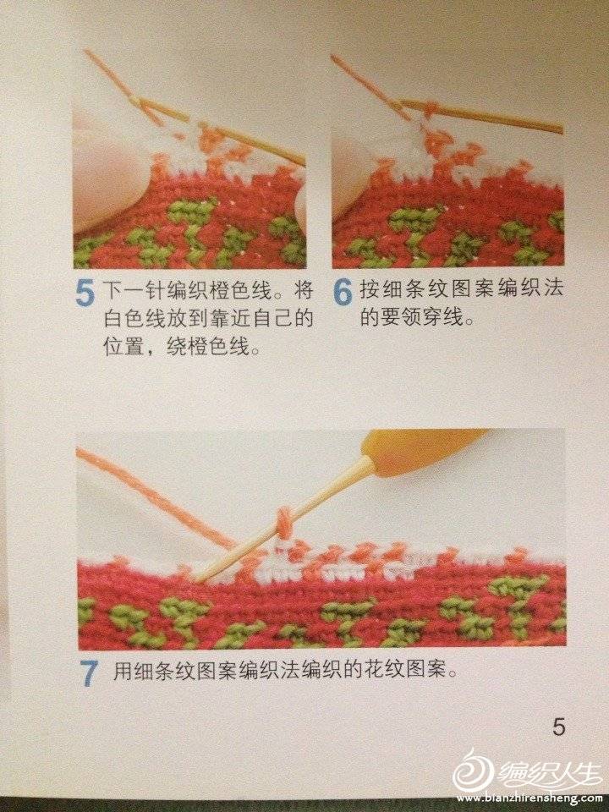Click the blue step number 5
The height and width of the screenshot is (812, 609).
(x=85, y=294)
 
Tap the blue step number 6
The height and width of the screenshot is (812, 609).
(x=343, y=293)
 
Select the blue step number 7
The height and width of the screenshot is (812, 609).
(x=89, y=674)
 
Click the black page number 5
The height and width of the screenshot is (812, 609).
(x=558, y=727)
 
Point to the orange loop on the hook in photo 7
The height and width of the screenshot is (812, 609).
(x=284, y=521)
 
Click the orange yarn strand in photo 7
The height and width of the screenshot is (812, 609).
(x=156, y=497)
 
